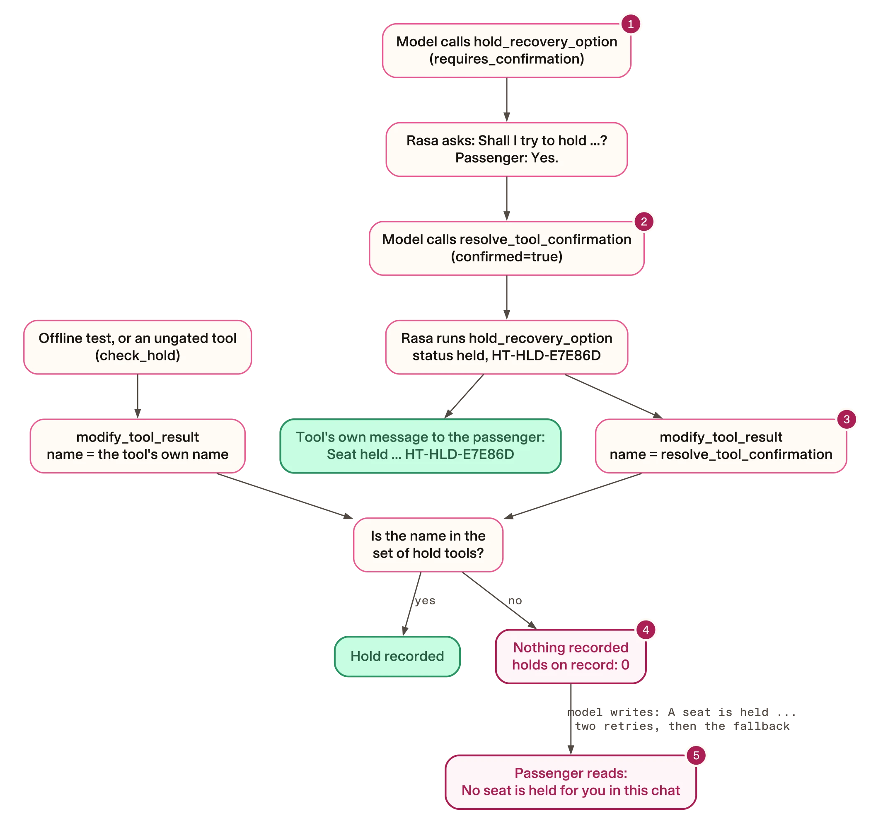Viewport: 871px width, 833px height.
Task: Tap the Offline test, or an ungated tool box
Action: coord(138,347)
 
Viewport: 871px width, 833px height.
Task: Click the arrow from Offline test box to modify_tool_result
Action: coord(138,396)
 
